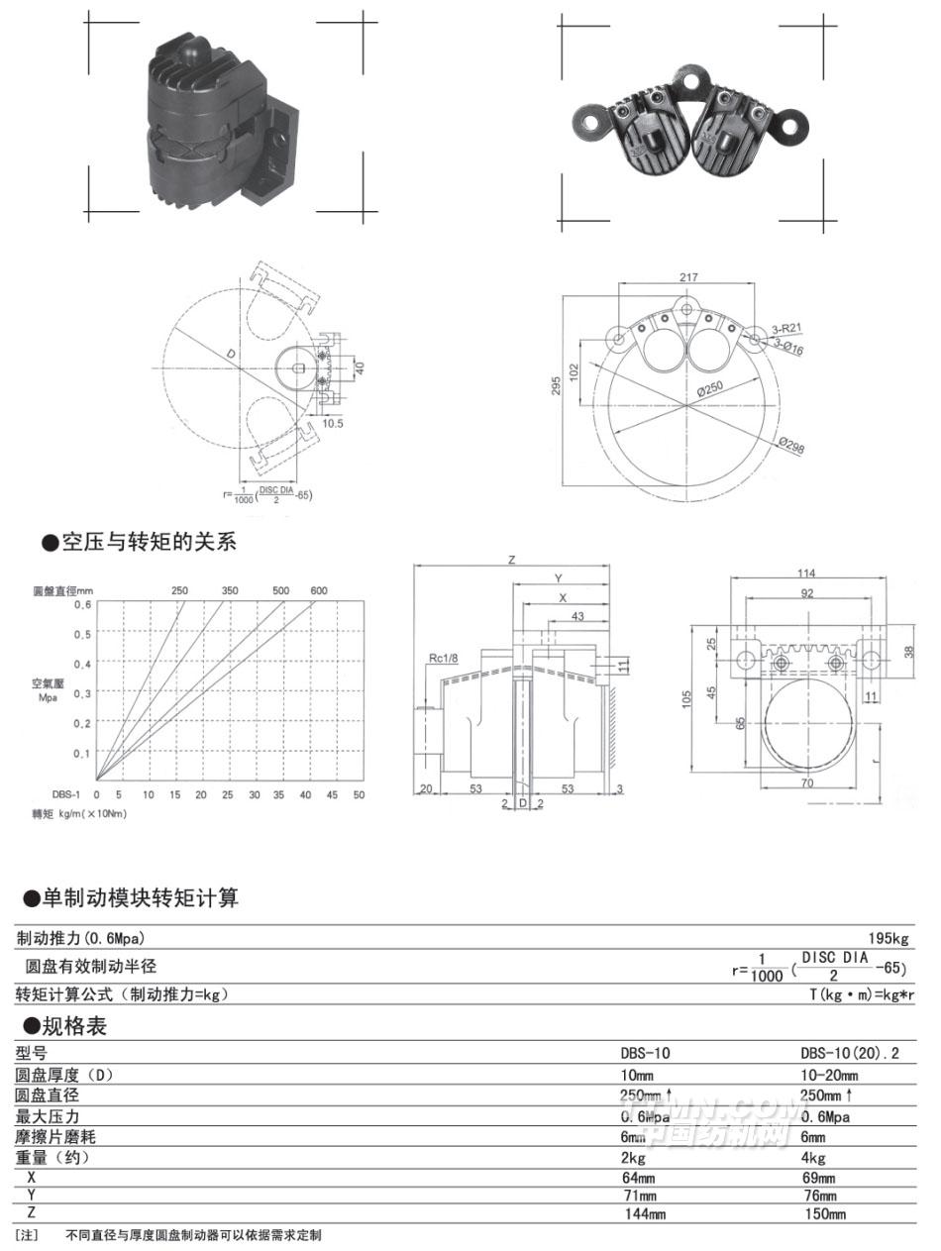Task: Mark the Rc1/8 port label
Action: [x=443, y=658]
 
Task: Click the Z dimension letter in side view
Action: [x=511, y=560]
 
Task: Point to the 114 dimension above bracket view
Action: [x=805, y=573]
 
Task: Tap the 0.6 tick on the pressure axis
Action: [x=85, y=604]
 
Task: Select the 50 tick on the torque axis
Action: [x=359, y=794]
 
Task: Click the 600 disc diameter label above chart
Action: [x=318, y=590]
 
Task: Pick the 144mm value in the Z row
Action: [x=643, y=1213]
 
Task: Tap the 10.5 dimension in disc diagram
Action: [x=332, y=422]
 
